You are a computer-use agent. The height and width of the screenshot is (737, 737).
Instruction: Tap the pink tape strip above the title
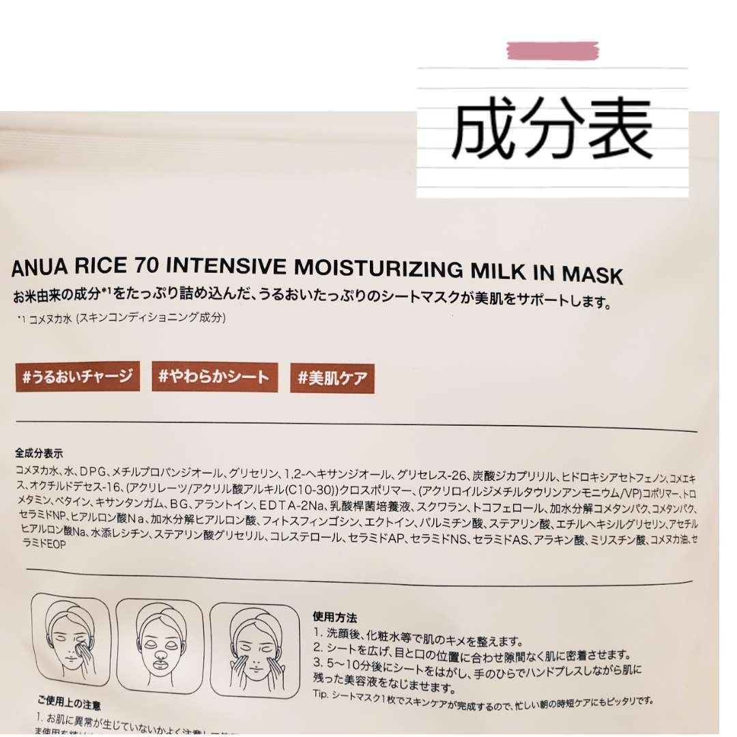pos(553,50)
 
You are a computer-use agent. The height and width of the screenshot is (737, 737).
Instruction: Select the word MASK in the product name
pos(592,275)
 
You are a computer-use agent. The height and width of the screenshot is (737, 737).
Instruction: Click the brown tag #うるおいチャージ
pos(77,376)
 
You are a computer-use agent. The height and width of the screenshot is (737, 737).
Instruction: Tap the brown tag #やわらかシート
pos(214,377)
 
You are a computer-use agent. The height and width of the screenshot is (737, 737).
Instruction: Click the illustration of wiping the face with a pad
pos(71,639)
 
